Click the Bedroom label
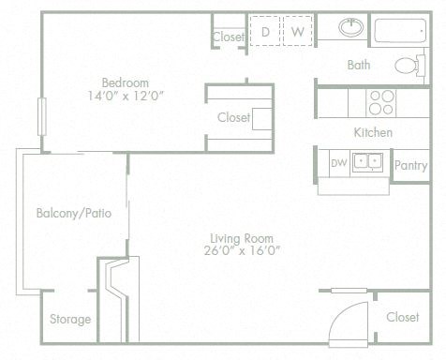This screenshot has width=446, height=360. (x=122, y=80)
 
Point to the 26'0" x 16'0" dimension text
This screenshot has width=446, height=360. (x=241, y=250)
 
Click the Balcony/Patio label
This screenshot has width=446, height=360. (x=74, y=213)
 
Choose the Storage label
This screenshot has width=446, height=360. (x=71, y=320)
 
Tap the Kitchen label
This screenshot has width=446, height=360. (x=373, y=132)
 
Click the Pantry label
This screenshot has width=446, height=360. (x=410, y=165)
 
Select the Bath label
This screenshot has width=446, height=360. (x=359, y=65)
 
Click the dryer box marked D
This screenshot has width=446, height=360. (x=265, y=31)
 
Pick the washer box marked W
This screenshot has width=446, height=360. (x=297, y=31)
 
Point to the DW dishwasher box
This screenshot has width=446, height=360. (x=338, y=162)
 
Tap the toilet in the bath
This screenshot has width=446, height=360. (x=407, y=66)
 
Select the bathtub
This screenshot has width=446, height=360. (x=402, y=30)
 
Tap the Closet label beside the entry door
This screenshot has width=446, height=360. (x=403, y=318)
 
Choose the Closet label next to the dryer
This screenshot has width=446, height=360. (x=228, y=37)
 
